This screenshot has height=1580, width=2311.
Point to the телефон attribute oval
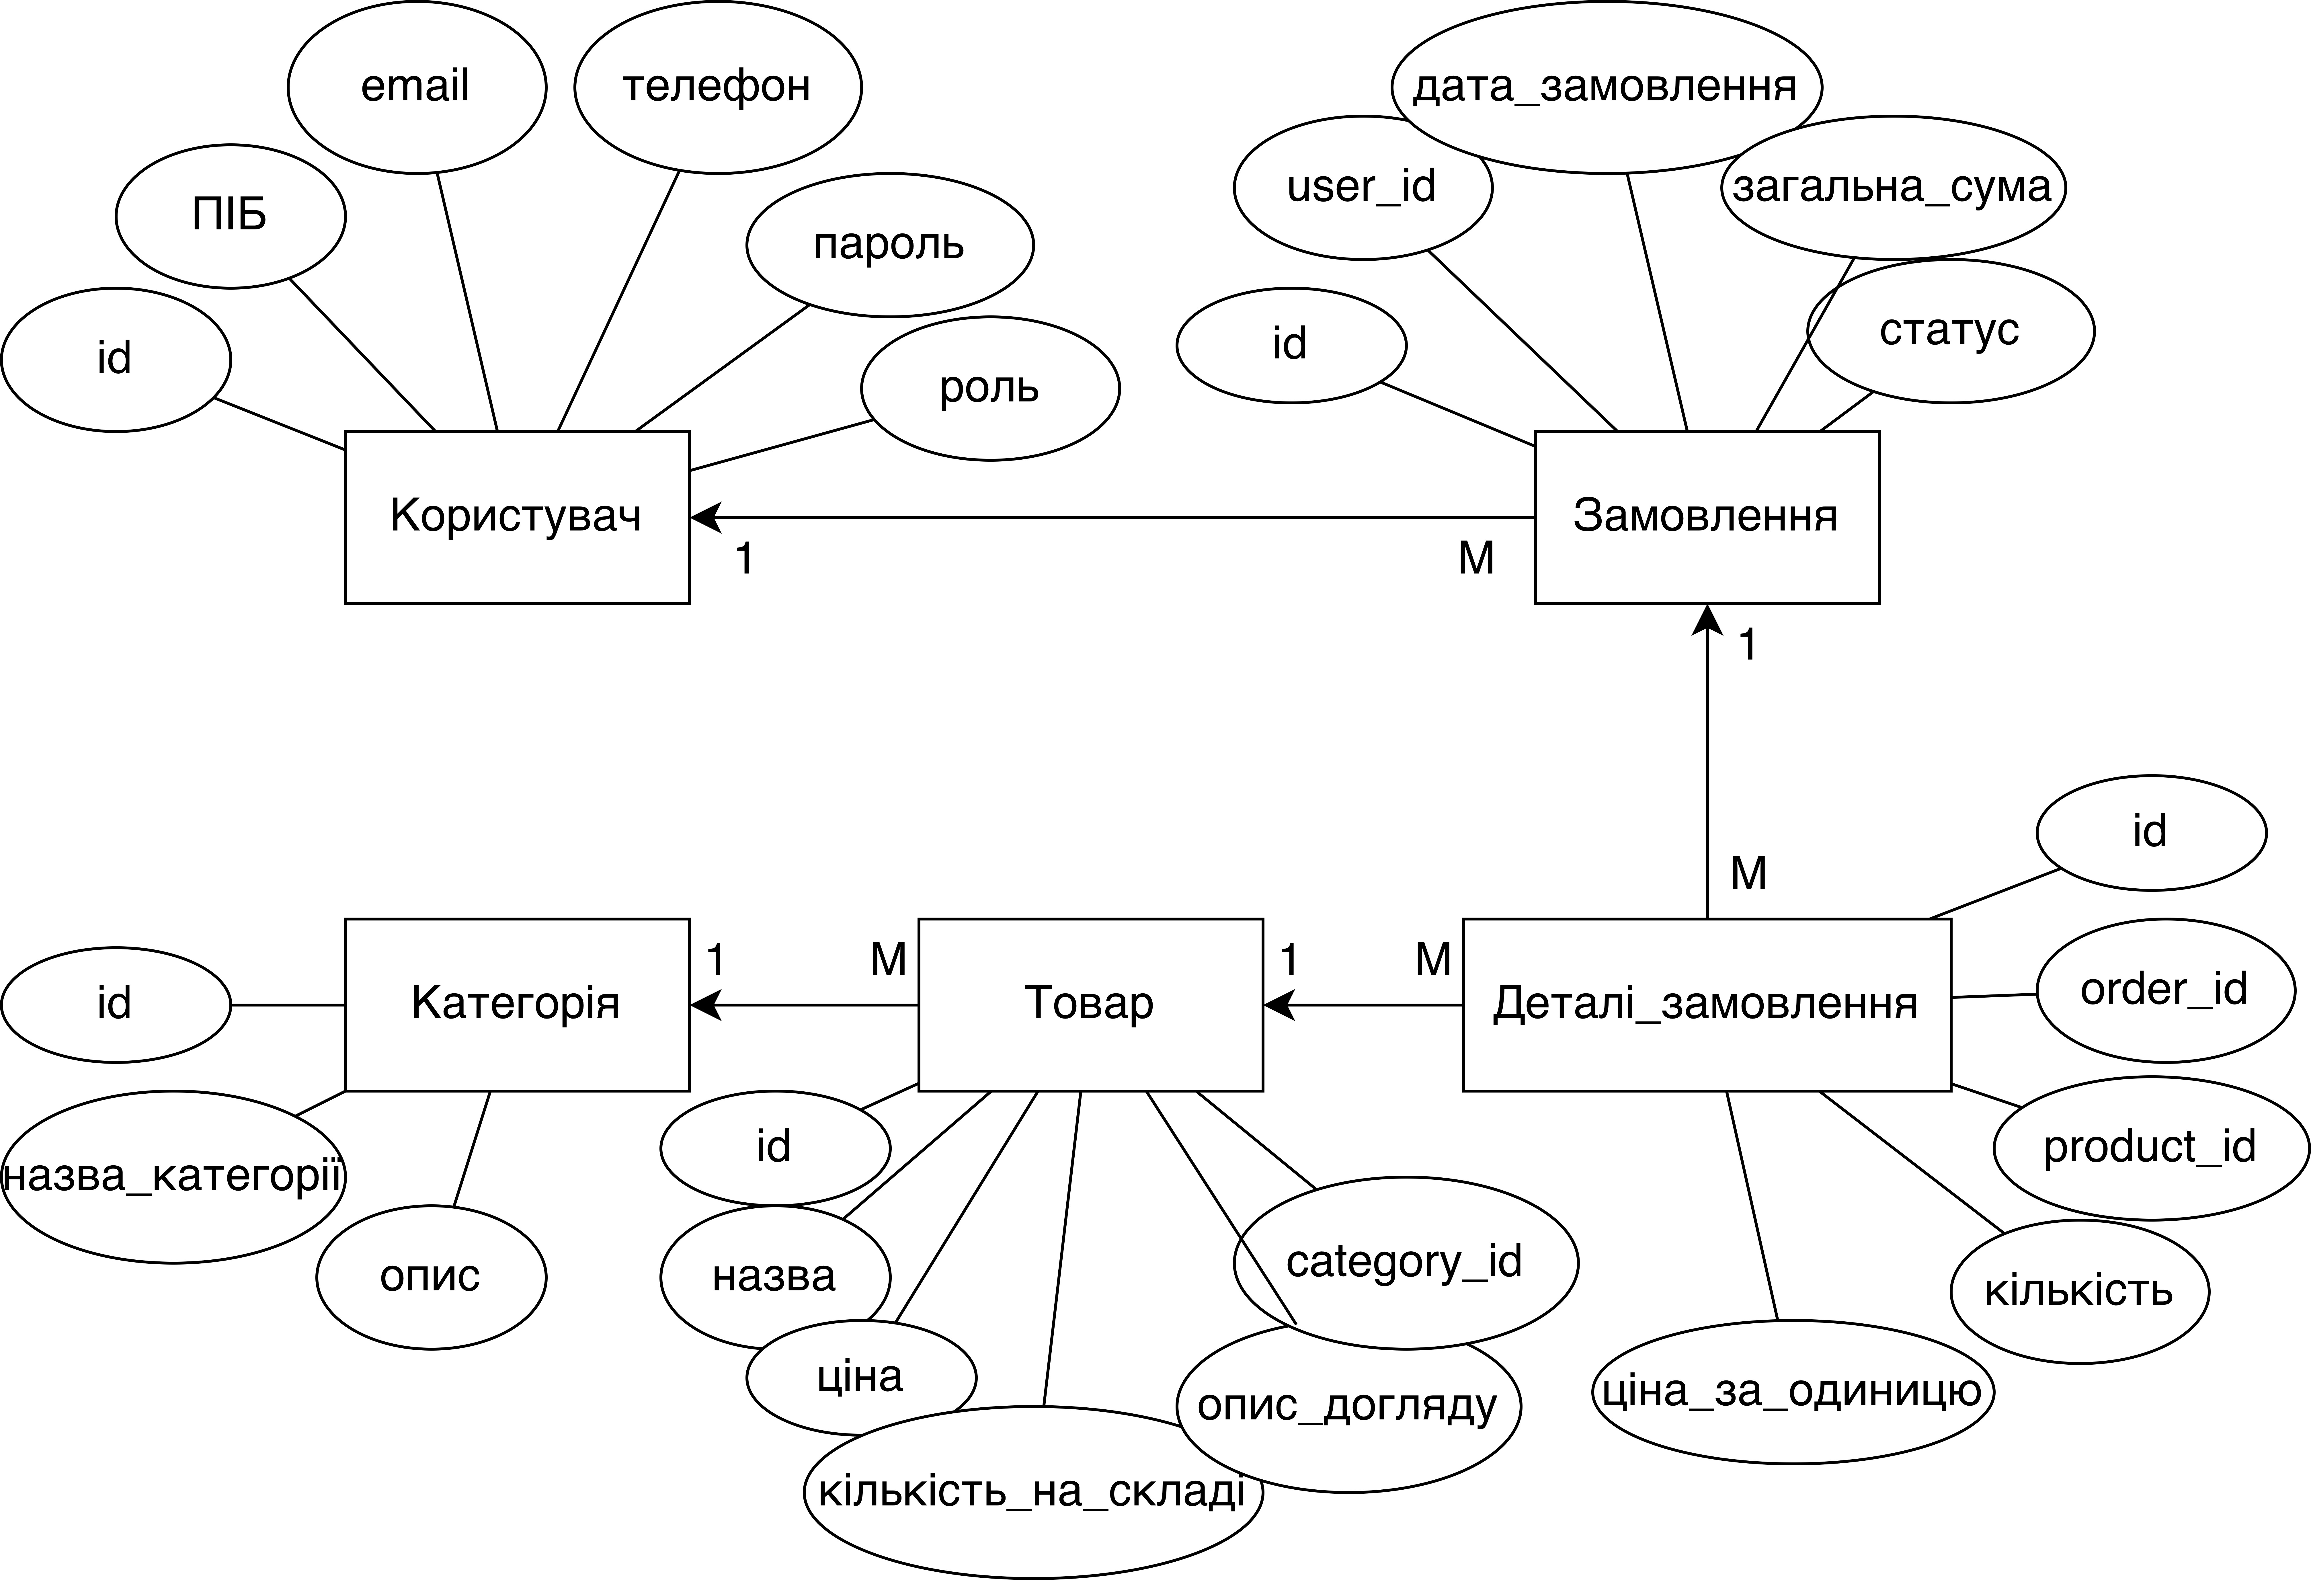[x=717, y=87]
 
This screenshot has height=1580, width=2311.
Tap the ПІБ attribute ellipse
[x=230, y=215]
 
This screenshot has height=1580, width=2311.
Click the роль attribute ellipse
[x=989, y=388]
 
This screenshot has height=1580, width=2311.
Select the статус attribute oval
[x=1949, y=330]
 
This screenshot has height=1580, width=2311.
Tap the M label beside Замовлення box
[x=1476, y=559]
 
